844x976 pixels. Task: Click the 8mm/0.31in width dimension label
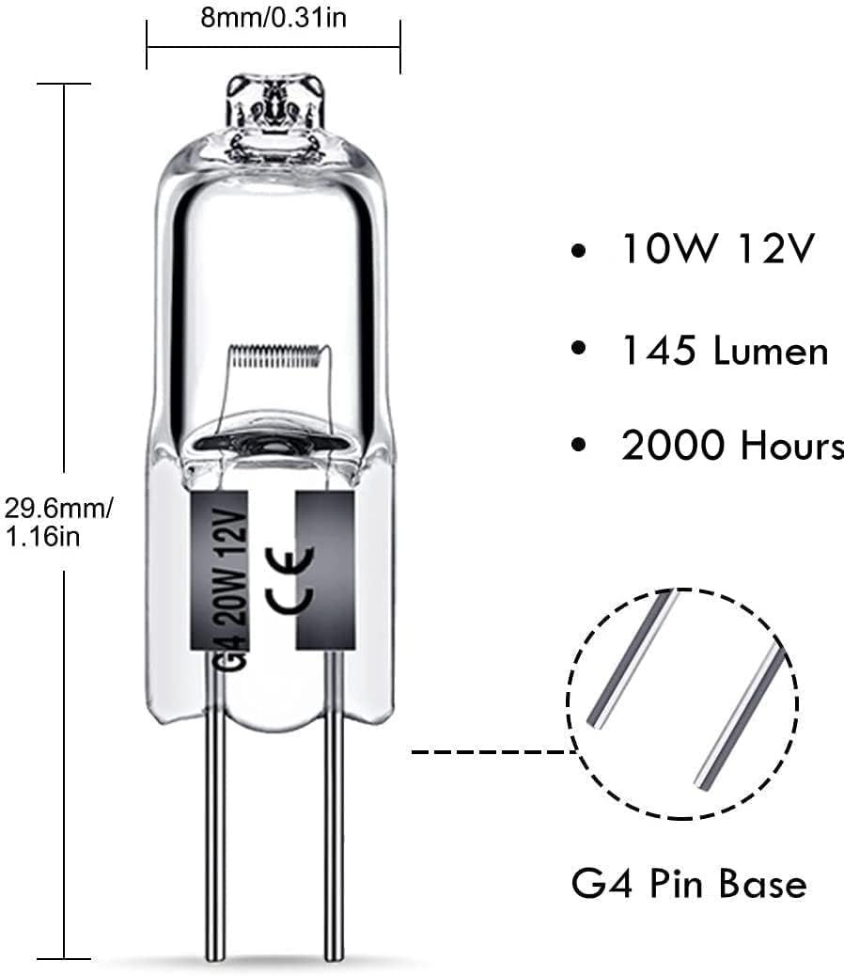tap(273, 20)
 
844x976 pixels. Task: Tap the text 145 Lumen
tap(724, 351)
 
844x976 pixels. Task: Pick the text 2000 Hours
tap(732, 447)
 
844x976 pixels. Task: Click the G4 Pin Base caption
tap(688, 884)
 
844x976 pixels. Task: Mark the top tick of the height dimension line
tap(64, 85)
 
